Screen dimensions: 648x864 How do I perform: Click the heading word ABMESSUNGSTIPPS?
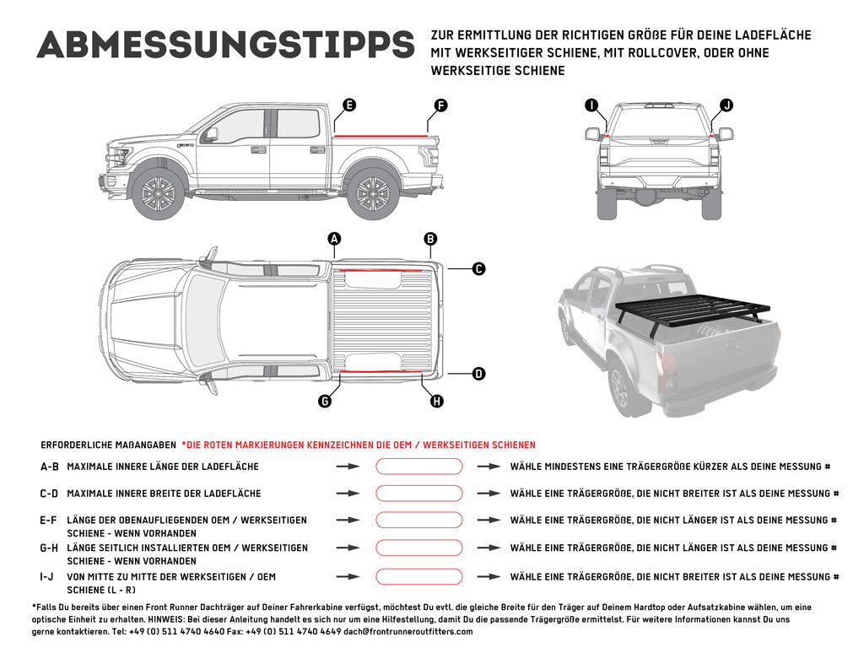225,45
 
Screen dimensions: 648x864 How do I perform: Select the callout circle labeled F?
440,105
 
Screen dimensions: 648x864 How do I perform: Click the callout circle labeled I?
591,105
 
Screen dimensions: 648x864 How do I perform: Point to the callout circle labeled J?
726,105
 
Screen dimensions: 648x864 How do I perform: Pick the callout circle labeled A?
334,240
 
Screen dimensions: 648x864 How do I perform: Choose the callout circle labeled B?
430,240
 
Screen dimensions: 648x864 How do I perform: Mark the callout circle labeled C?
478,269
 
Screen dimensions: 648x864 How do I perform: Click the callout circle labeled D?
478,373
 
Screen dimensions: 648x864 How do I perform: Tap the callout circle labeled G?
325,402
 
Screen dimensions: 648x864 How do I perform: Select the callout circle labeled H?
437,402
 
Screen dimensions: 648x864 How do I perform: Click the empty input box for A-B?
419,467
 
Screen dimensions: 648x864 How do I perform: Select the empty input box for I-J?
419,577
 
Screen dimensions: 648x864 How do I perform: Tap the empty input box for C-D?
419,494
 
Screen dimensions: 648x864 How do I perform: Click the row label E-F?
49,521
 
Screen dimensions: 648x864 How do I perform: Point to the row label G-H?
49,548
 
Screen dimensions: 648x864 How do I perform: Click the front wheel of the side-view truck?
159,194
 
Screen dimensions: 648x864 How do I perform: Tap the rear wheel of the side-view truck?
373,194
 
